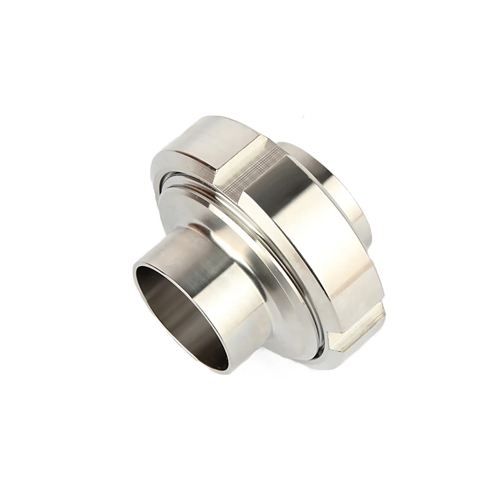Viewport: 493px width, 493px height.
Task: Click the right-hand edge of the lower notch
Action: coord(382,314)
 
